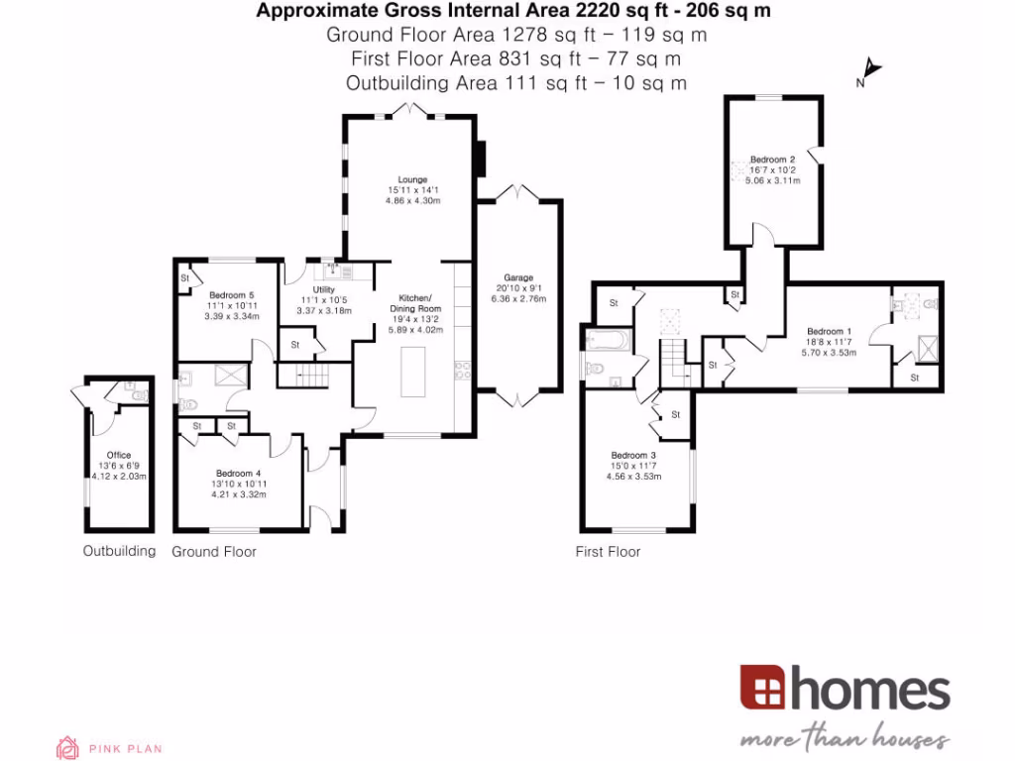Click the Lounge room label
coord(412,179)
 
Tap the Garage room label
coord(518,278)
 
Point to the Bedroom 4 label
coord(238,474)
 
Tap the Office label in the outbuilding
coord(119,456)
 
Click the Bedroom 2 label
coord(772,160)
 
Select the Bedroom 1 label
coord(829,331)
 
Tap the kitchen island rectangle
coord(414,374)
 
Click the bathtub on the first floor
coord(607,343)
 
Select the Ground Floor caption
coord(214,552)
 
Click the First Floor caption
coord(608,552)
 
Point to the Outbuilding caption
coord(119,552)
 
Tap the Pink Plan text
coord(125,749)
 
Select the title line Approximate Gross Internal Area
coord(513,12)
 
